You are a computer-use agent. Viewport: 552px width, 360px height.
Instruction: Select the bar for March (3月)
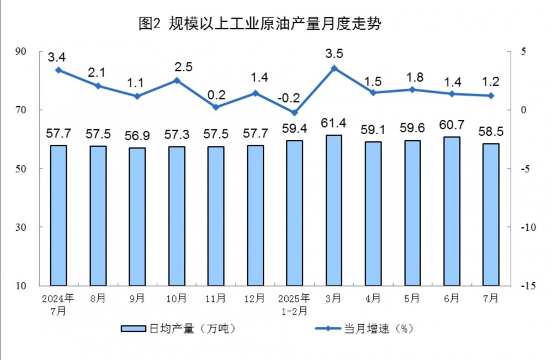[334, 210]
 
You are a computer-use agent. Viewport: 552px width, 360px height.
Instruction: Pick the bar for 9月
[137, 216]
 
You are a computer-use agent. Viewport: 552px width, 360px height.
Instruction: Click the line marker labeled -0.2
[295, 113]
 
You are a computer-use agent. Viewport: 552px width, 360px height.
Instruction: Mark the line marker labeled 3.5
[334, 68]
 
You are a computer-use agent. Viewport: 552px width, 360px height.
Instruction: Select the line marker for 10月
[177, 80]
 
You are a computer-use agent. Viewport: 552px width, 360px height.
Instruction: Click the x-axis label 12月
[255, 298]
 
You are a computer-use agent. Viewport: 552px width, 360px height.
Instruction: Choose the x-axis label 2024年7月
[59, 304]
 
